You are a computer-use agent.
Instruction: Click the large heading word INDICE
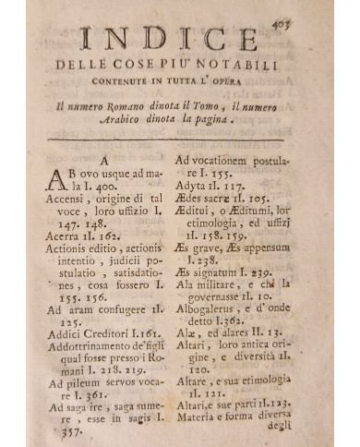181,42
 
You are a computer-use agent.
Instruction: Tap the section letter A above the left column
105,160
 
